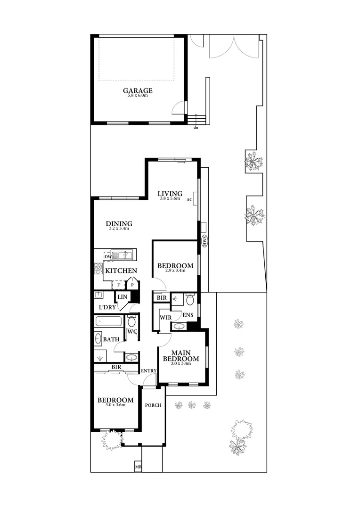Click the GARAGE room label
click(x=138, y=90)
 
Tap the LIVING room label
click(x=170, y=193)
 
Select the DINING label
click(x=119, y=223)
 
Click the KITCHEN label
click(x=121, y=271)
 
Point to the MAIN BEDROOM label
click(x=180, y=356)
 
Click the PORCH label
click(x=153, y=405)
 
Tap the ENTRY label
click(x=148, y=371)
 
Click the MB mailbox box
click(x=139, y=467)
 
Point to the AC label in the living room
click(x=190, y=200)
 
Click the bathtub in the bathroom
click(x=108, y=322)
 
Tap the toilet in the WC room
click(x=132, y=322)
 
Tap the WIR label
click(x=164, y=318)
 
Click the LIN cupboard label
click(x=123, y=296)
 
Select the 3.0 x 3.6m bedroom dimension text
click(x=115, y=405)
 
